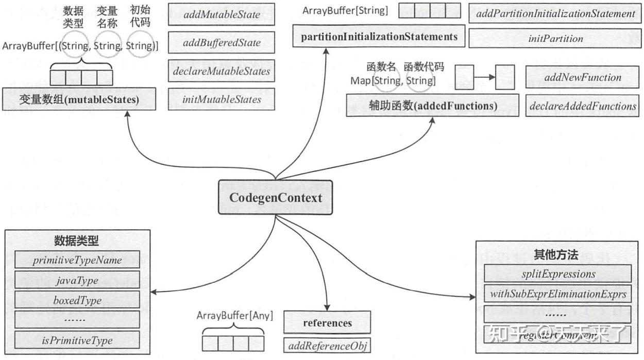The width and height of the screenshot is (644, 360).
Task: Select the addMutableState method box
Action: tap(222, 15)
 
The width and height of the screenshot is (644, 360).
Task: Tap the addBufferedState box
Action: tap(222, 43)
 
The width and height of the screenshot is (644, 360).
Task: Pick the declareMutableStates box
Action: tap(222, 71)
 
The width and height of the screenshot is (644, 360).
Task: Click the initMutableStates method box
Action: tap(222, 99)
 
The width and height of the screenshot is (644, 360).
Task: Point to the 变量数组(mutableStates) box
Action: tap(79, 99)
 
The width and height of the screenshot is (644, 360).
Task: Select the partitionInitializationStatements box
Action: tap(379, 37)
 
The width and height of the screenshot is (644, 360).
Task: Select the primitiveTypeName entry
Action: tap(77, 260)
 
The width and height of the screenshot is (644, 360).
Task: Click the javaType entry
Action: tap(77, 280)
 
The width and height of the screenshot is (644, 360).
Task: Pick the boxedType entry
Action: tap(77, 300)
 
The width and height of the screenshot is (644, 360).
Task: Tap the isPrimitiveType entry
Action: tap(77, 340)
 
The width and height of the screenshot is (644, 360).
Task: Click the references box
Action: tap(327, 323)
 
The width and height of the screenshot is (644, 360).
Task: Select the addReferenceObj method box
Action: tap(327, 346)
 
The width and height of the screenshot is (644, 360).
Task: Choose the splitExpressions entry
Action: tap(558, 274)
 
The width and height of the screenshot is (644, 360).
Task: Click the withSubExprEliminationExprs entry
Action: tap(558, 294)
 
